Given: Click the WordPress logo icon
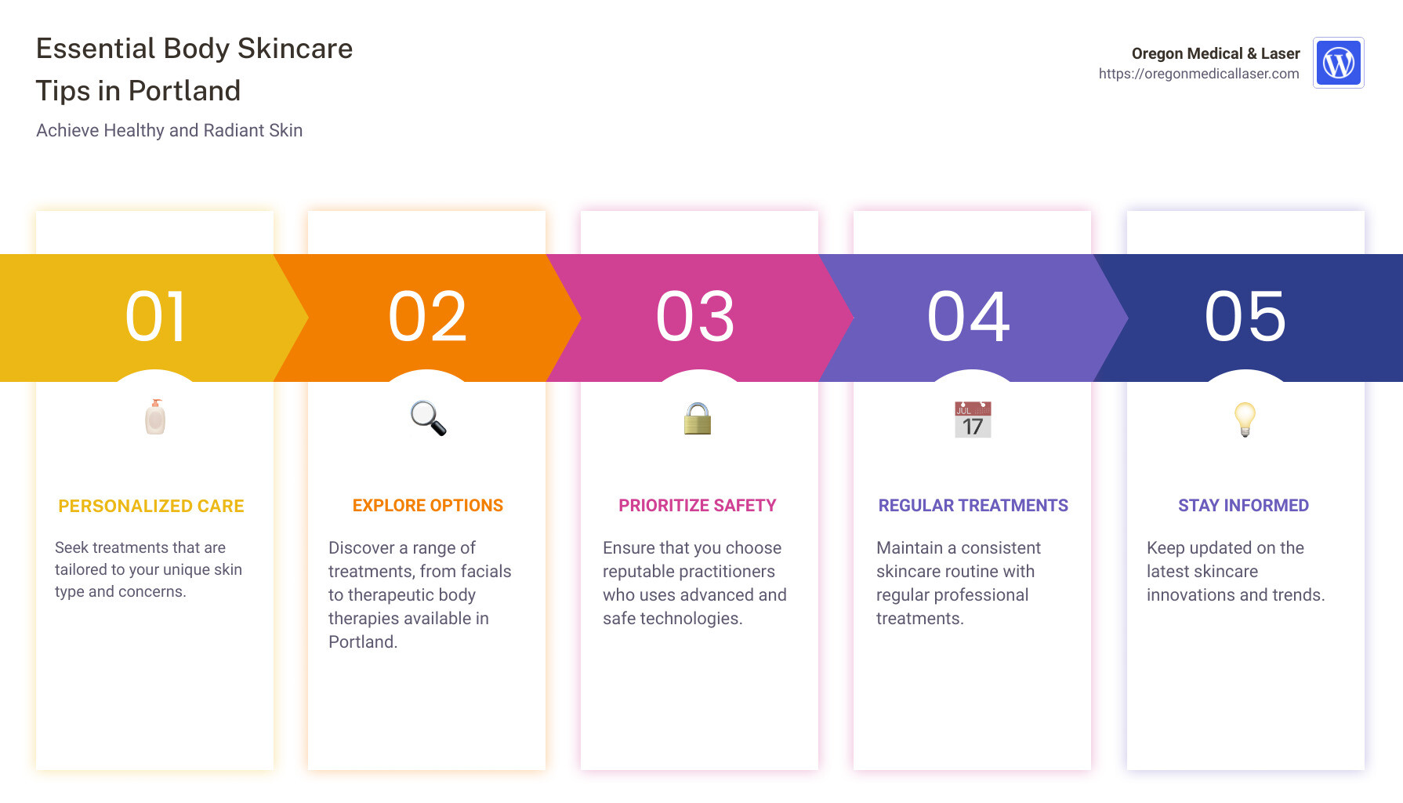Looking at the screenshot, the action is [1339, 63].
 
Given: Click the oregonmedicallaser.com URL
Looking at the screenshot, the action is [1198, 74].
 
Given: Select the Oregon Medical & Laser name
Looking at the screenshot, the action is [1216, 53].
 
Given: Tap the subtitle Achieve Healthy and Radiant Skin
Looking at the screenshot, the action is [169, 130].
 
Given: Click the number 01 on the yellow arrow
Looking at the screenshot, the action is [156, 317].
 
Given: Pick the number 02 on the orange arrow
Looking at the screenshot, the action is [428, 317].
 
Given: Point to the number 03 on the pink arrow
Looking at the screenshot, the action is [696, 317].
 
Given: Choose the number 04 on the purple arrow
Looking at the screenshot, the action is [969, 317].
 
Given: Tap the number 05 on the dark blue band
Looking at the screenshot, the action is [1245, 317].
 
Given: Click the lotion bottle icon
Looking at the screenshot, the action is [155, 417].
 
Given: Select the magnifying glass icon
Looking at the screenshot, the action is [428, 418].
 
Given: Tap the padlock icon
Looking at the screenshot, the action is [698, 419].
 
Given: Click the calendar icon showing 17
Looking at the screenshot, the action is [973, 420].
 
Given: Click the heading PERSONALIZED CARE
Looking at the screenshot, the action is [151, 507].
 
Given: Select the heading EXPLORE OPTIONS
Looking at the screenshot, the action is [428, 506].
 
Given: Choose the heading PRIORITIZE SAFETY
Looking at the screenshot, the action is [698, 506].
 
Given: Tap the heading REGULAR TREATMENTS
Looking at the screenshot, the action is [973, 506].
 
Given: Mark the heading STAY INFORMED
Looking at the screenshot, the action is [1244, 506].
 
